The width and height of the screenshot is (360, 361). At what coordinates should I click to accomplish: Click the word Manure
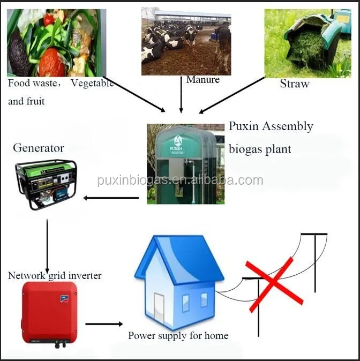pos(202,80)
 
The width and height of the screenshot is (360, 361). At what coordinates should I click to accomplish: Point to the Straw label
pos(295,84)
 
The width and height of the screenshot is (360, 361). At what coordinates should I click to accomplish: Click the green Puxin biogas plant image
pos(185,164)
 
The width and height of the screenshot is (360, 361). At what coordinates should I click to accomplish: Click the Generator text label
pos(38,148)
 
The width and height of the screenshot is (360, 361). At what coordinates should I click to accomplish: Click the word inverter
pos(82,276)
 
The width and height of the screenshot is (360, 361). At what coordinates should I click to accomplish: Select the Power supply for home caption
pos(178,336)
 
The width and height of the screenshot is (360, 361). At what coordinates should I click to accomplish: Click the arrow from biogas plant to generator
pos(111,198)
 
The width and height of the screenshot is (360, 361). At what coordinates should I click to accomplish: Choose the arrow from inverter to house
pos(104,324)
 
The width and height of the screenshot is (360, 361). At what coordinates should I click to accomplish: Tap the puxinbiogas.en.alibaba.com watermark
pos(180,180)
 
